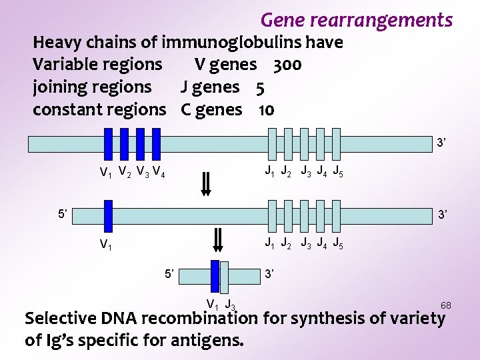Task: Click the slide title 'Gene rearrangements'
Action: (356, 20)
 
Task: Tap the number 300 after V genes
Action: (287, 65)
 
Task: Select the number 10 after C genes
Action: (266, 110)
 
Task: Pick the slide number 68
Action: (445, 305)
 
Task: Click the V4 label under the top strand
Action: (159, 173)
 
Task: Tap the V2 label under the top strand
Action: (124, 173)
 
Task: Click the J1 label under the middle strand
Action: (270, 243)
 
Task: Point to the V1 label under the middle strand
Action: (106, 245)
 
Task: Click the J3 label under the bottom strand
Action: (229, 305)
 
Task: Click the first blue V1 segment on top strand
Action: (108, 143)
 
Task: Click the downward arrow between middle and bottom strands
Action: (217, 238)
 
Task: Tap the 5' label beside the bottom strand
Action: (170, 274)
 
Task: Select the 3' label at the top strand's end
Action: (441, 142)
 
